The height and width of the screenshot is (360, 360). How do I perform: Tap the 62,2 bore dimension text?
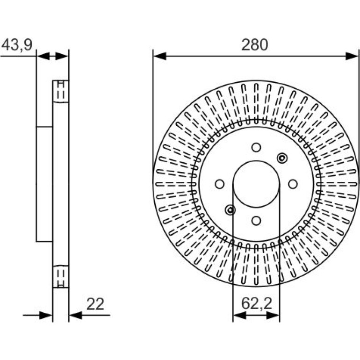(x=257, y=303)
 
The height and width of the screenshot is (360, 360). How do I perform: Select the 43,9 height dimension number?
(x=17, y=44)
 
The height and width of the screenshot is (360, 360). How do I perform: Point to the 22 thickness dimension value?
(x=95, y=304)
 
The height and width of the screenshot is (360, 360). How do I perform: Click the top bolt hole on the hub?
(x=256, y=147)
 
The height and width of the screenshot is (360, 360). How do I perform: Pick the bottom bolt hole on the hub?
(x=256, y=221)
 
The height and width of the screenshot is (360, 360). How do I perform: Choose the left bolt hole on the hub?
(x=220, y=184)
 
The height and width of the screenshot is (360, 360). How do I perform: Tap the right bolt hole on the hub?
(x=293, y=184)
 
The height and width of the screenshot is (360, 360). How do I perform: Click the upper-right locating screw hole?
(x=282, y=158)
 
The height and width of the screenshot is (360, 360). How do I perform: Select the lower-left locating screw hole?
(x=230, y=210)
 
